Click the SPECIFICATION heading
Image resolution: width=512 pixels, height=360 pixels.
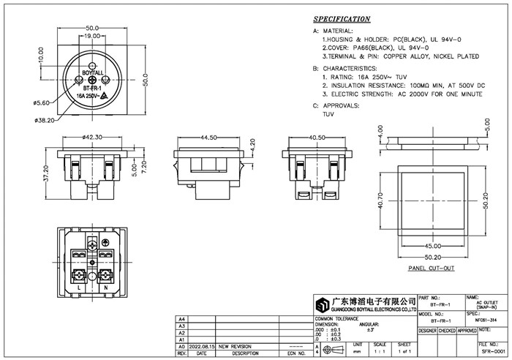341,19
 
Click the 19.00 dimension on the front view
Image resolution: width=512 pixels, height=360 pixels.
91,35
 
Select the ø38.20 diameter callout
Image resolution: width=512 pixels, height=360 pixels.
45,119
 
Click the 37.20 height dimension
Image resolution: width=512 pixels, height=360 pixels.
46,174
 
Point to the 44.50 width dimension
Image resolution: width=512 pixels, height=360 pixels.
208,137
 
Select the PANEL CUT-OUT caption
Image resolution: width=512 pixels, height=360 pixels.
431,269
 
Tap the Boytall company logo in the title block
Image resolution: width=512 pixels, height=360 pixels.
322,304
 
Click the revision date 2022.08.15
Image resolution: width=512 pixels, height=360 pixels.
202,346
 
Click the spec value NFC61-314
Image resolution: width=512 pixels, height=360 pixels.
489,320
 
